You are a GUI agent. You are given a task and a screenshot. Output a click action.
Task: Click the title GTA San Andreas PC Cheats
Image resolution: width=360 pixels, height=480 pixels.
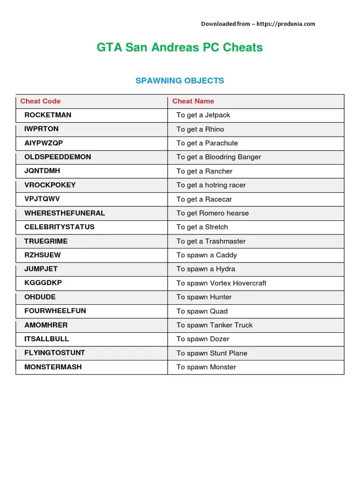click(x=180, y=47)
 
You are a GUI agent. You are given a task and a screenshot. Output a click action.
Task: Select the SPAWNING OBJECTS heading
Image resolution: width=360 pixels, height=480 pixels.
click(x=180, y=81)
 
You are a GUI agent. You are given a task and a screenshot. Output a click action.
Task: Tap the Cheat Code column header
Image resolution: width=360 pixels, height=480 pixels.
click(x=40, y=101)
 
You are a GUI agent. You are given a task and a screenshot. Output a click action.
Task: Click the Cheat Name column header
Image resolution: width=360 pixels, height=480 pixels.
click(x=193, y=101)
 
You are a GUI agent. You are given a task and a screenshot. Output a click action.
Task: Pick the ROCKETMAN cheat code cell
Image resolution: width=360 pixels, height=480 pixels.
click(x=48, y=115)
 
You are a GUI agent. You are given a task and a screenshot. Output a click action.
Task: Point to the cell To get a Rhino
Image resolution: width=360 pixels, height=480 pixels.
click(x=200, y=129)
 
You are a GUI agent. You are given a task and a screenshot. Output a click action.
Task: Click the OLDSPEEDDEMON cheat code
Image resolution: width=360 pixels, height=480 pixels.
click(x=58, y=157)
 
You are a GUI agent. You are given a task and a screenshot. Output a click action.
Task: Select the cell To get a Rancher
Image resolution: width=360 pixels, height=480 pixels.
click(x=204, y=171)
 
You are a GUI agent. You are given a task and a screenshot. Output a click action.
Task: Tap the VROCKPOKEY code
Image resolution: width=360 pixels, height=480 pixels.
click(x=50, y=185)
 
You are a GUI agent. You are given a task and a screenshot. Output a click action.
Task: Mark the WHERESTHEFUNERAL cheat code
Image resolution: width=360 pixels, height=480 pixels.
click(x=65, y=213)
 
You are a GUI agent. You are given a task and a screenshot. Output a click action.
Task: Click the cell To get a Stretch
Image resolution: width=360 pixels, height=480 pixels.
click(x=202, y=227)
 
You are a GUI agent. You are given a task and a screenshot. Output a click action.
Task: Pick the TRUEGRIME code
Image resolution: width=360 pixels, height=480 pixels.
click(x=46, y=241)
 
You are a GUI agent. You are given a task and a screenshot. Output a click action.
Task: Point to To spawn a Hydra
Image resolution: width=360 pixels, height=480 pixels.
click(x=206, y=269)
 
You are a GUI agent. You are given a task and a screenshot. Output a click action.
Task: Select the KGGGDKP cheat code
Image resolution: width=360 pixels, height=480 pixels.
click(x=43, y=283)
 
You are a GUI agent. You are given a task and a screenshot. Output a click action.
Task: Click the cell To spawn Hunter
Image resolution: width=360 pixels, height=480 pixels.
click(x=204, y=297)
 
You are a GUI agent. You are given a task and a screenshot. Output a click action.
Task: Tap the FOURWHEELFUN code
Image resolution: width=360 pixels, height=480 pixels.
click(x=55, y=311)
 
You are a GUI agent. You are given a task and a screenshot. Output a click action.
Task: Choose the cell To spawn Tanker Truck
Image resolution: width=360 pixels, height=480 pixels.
click(x=214, y=325)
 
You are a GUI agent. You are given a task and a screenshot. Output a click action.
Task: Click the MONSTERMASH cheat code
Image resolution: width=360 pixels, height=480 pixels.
click(x=53, y=367)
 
